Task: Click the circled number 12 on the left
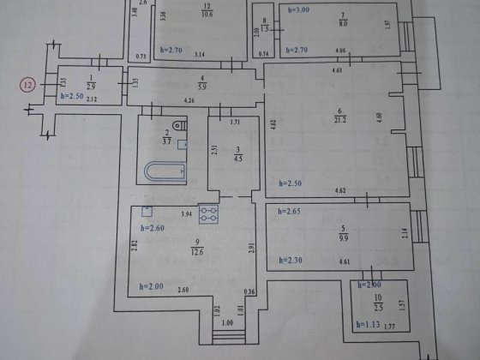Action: pos(28,85)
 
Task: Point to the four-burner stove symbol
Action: pos(208,211)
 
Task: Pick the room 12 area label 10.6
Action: pos(207,10)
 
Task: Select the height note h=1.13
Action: pos(367,324)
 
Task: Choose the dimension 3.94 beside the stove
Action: pos(185,213)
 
